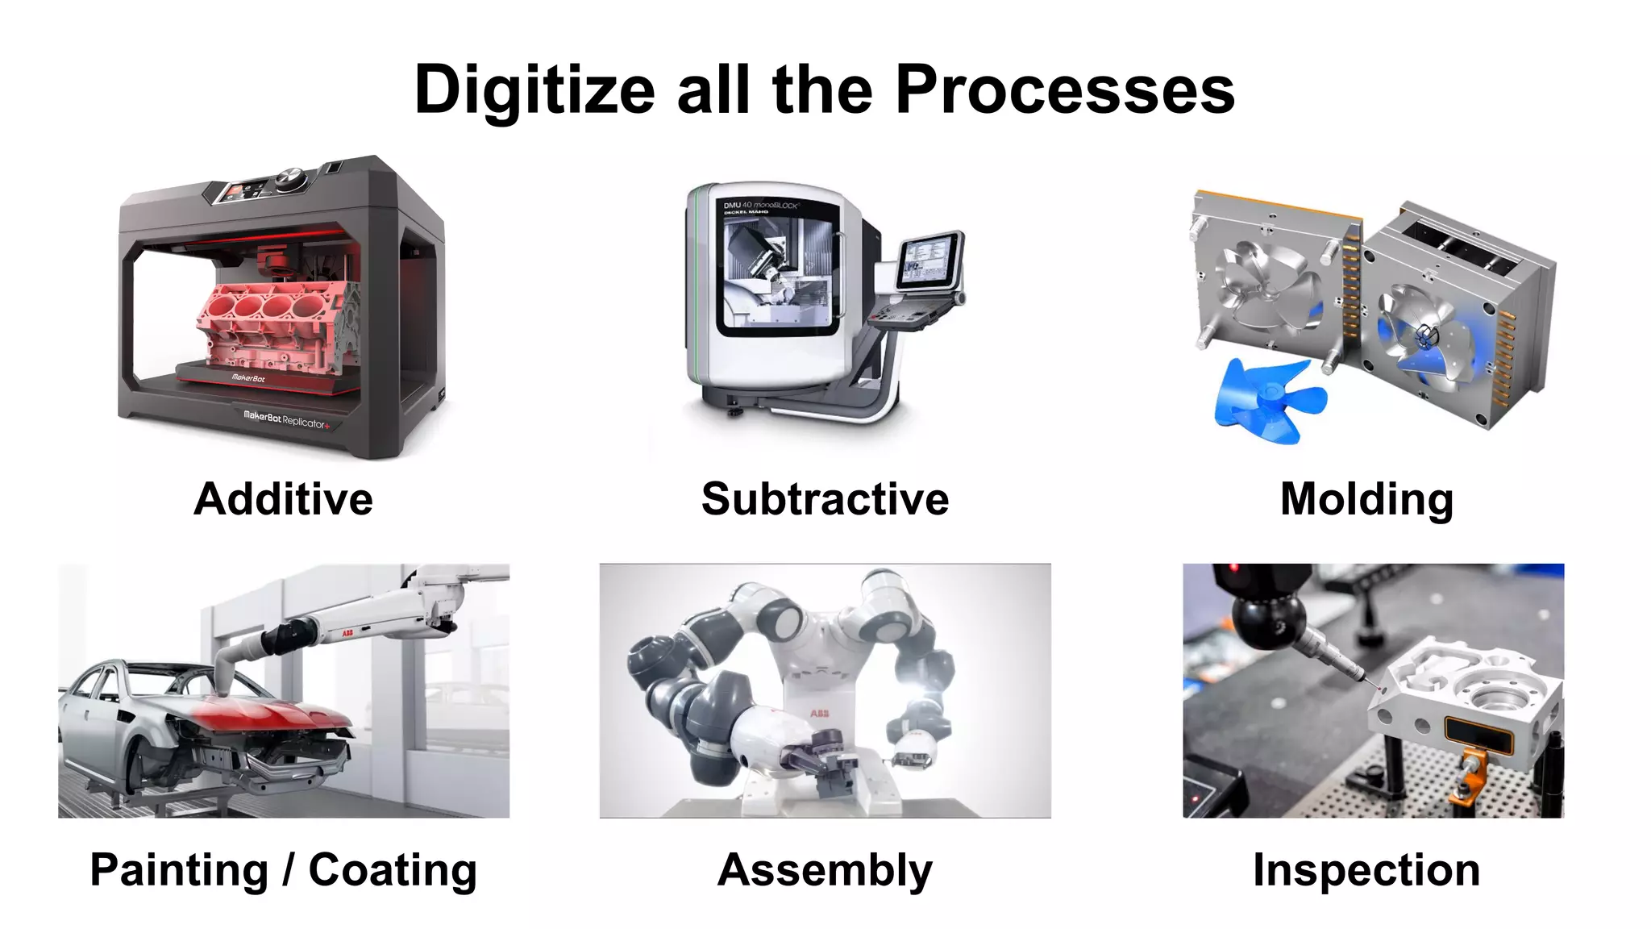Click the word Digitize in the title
534,90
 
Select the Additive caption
284,498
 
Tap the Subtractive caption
825,498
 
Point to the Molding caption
1366,498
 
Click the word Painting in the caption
179,870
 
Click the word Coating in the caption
393,870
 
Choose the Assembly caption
825,870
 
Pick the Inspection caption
1366,870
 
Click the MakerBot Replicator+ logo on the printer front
286,419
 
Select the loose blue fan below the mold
1266,399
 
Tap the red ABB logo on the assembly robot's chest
819,713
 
